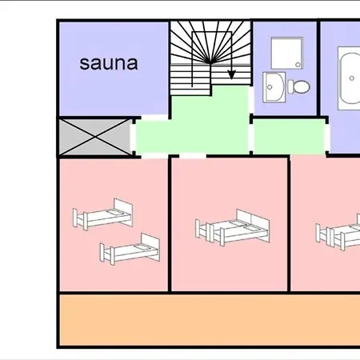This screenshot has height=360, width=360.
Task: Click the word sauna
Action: coord(109,63)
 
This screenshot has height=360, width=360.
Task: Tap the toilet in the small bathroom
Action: coord(298,86)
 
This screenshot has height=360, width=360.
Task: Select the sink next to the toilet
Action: coord(274,87)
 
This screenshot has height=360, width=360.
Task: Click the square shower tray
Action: coord(287,53)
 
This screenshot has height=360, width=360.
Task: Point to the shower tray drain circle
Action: coord(298,65)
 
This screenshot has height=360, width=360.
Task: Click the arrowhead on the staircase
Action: coord(231,74)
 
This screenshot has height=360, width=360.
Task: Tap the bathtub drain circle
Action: coord(352,78)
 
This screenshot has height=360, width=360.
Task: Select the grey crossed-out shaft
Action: coord(95,137)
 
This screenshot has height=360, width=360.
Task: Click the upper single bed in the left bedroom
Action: coord(103,214)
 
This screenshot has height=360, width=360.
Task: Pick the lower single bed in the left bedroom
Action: coord(130,250)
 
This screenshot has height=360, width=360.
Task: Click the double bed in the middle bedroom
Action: coord(233,228)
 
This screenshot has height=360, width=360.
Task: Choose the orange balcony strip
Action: coord(210,320)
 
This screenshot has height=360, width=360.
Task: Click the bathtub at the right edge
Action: coord(350,78)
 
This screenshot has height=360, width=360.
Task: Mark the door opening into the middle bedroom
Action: coord(193,155)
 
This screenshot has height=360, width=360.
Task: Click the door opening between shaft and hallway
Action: coord(133,137)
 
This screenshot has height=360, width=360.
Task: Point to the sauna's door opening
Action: coord(154,117)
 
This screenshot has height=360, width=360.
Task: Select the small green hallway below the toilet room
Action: coord(289,137)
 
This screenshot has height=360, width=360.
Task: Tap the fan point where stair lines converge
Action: coord(210,63)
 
